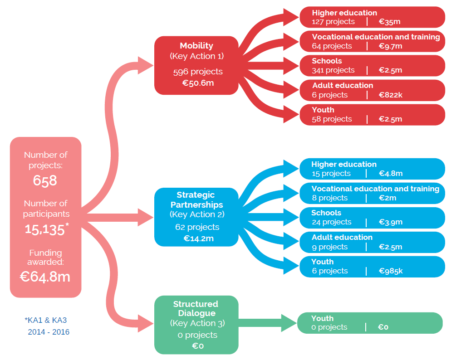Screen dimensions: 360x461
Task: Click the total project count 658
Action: coord(45,180)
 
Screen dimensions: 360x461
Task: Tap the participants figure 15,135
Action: coord(45,229)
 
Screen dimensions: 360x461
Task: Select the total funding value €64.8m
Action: coord(45,277)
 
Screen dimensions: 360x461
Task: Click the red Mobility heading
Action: coord(196,46)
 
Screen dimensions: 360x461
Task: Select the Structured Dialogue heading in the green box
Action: coord(196,309)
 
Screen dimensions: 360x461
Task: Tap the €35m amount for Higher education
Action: coord(389,22)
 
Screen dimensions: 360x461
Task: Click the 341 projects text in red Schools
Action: coord(333,70)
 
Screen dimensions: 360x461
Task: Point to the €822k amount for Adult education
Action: coord(390,95)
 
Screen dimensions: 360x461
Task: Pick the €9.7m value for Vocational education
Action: coord(391,46)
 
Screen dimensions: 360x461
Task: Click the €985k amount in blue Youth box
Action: coord(391,271)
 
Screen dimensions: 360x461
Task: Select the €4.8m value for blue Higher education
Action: coord(391,174)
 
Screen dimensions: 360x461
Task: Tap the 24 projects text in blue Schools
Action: coord(331,222)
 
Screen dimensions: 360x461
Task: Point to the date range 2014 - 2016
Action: coord(49,332)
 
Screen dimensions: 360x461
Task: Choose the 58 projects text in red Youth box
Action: coord(332,119)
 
